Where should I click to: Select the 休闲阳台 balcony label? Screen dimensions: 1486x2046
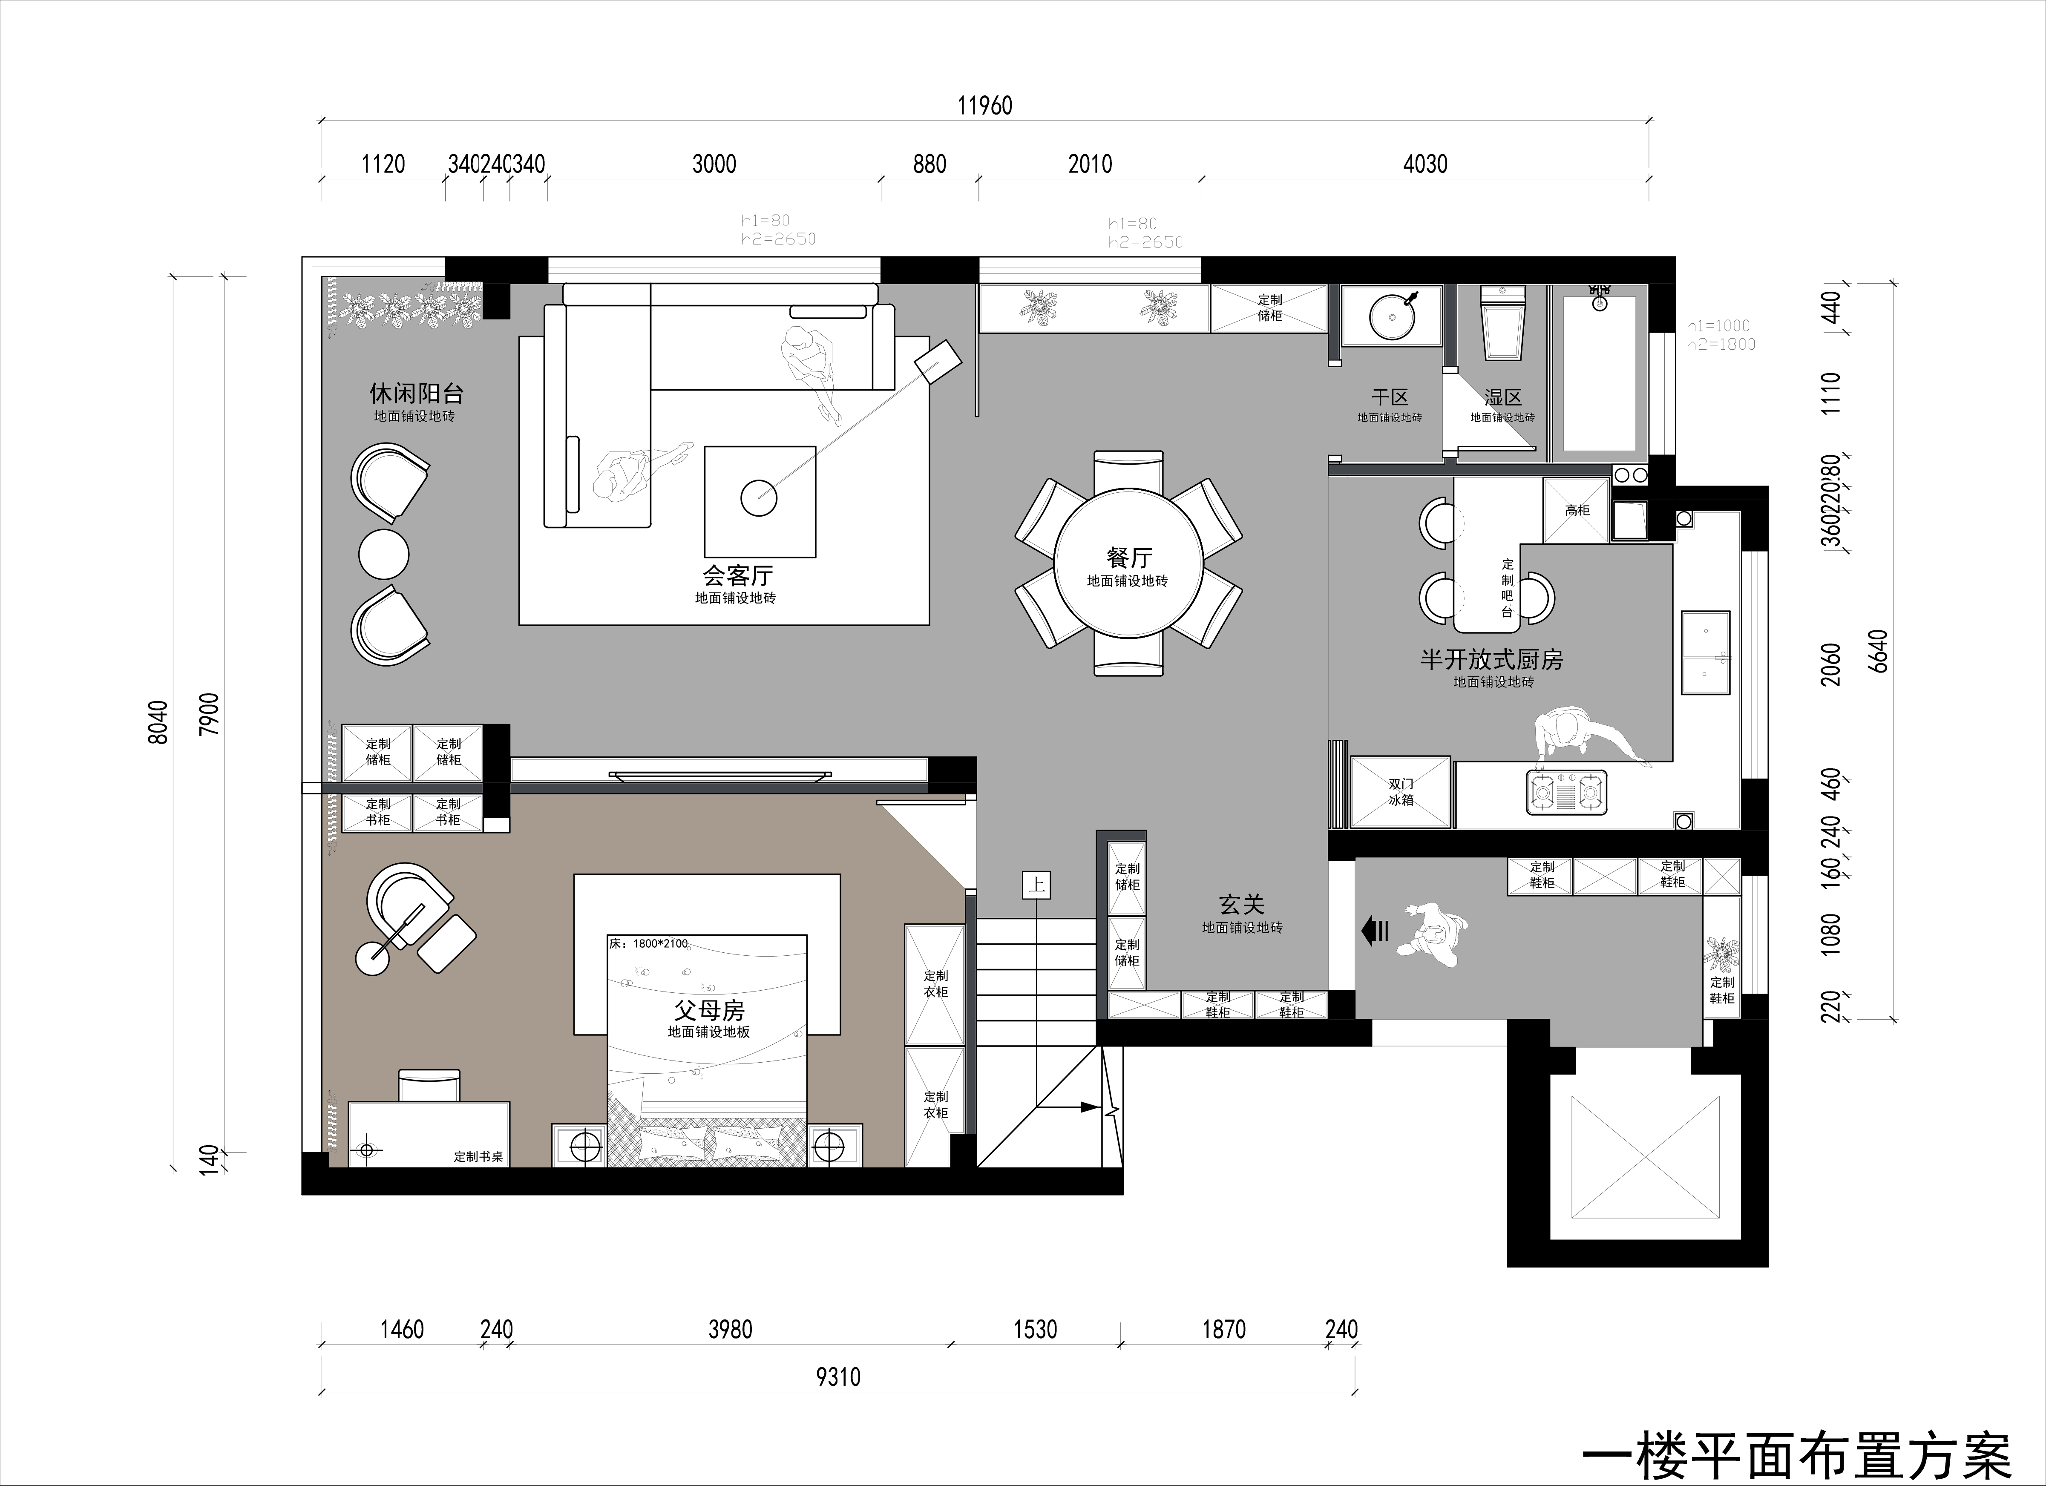click(x=416, y=393)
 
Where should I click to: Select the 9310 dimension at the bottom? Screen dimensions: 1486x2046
click(x=838, y=1377)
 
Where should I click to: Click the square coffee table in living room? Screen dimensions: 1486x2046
click(x=760, y=501)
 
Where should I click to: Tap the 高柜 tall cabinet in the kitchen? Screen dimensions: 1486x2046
click(x=1577, y=510)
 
